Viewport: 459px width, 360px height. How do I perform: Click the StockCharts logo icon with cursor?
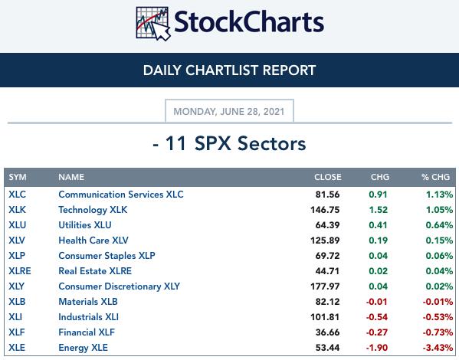[153, 24]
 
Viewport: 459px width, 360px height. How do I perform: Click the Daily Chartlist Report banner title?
[230, 70]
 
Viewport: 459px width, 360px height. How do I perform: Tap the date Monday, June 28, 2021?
[229, 112]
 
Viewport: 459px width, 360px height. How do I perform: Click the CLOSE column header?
[327, 177]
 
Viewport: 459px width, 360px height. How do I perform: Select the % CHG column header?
[435, 177]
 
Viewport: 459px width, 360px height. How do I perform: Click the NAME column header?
[71, 177]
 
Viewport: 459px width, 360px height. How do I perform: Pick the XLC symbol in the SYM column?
[18, 195]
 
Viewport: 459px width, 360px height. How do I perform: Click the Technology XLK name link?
[93, 210]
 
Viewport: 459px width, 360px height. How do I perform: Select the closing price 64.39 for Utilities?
[327, 225]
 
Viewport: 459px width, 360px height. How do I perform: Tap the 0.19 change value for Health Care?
[378, 241]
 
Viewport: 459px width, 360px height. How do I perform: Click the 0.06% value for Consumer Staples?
[439, 256]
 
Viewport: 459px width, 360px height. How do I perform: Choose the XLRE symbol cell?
[20, 271]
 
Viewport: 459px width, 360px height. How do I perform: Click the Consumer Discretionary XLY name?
[119, 286]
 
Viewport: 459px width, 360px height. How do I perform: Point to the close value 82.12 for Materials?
[327, 302]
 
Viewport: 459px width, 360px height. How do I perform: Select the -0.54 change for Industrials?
[377, 317]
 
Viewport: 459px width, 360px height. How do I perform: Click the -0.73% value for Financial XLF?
[438, 332]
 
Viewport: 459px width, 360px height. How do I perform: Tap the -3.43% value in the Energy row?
[438, 348]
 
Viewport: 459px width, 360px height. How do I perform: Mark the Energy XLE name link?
[83, 348]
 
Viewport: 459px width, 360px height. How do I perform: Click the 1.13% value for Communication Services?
[439, 195]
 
